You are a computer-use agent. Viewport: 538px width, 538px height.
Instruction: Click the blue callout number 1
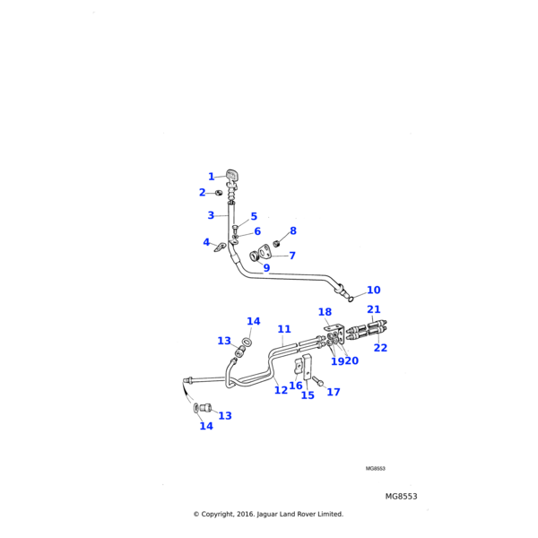coord(212,177)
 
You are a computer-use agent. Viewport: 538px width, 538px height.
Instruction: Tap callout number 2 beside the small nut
coord(202,192)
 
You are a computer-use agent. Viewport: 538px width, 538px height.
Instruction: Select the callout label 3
coord(211,215)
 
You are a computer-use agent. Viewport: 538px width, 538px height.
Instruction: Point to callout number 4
coord(205,242)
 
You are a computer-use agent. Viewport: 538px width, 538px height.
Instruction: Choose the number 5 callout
coord(254,216)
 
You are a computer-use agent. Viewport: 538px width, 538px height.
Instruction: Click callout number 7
coord(291,256)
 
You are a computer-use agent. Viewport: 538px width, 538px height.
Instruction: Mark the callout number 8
coord(292,231)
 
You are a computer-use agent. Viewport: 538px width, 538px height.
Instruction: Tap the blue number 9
coord(266,267)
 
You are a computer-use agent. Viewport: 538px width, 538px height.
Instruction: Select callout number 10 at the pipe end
coord(373,290)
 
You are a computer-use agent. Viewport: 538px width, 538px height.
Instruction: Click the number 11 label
coord(284,329)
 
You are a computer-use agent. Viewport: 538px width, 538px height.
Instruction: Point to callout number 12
coord(281,390)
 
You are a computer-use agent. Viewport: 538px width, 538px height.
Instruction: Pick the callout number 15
coord(308,395)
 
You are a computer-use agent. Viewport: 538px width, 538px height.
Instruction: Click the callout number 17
coord(334,392)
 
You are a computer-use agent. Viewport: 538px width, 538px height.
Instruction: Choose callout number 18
coord(325,311)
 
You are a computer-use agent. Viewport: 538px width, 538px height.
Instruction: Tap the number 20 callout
coord(351,360)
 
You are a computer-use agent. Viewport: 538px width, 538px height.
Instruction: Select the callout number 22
coord(380,347)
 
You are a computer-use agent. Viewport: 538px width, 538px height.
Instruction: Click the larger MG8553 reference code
coord(401,496)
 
